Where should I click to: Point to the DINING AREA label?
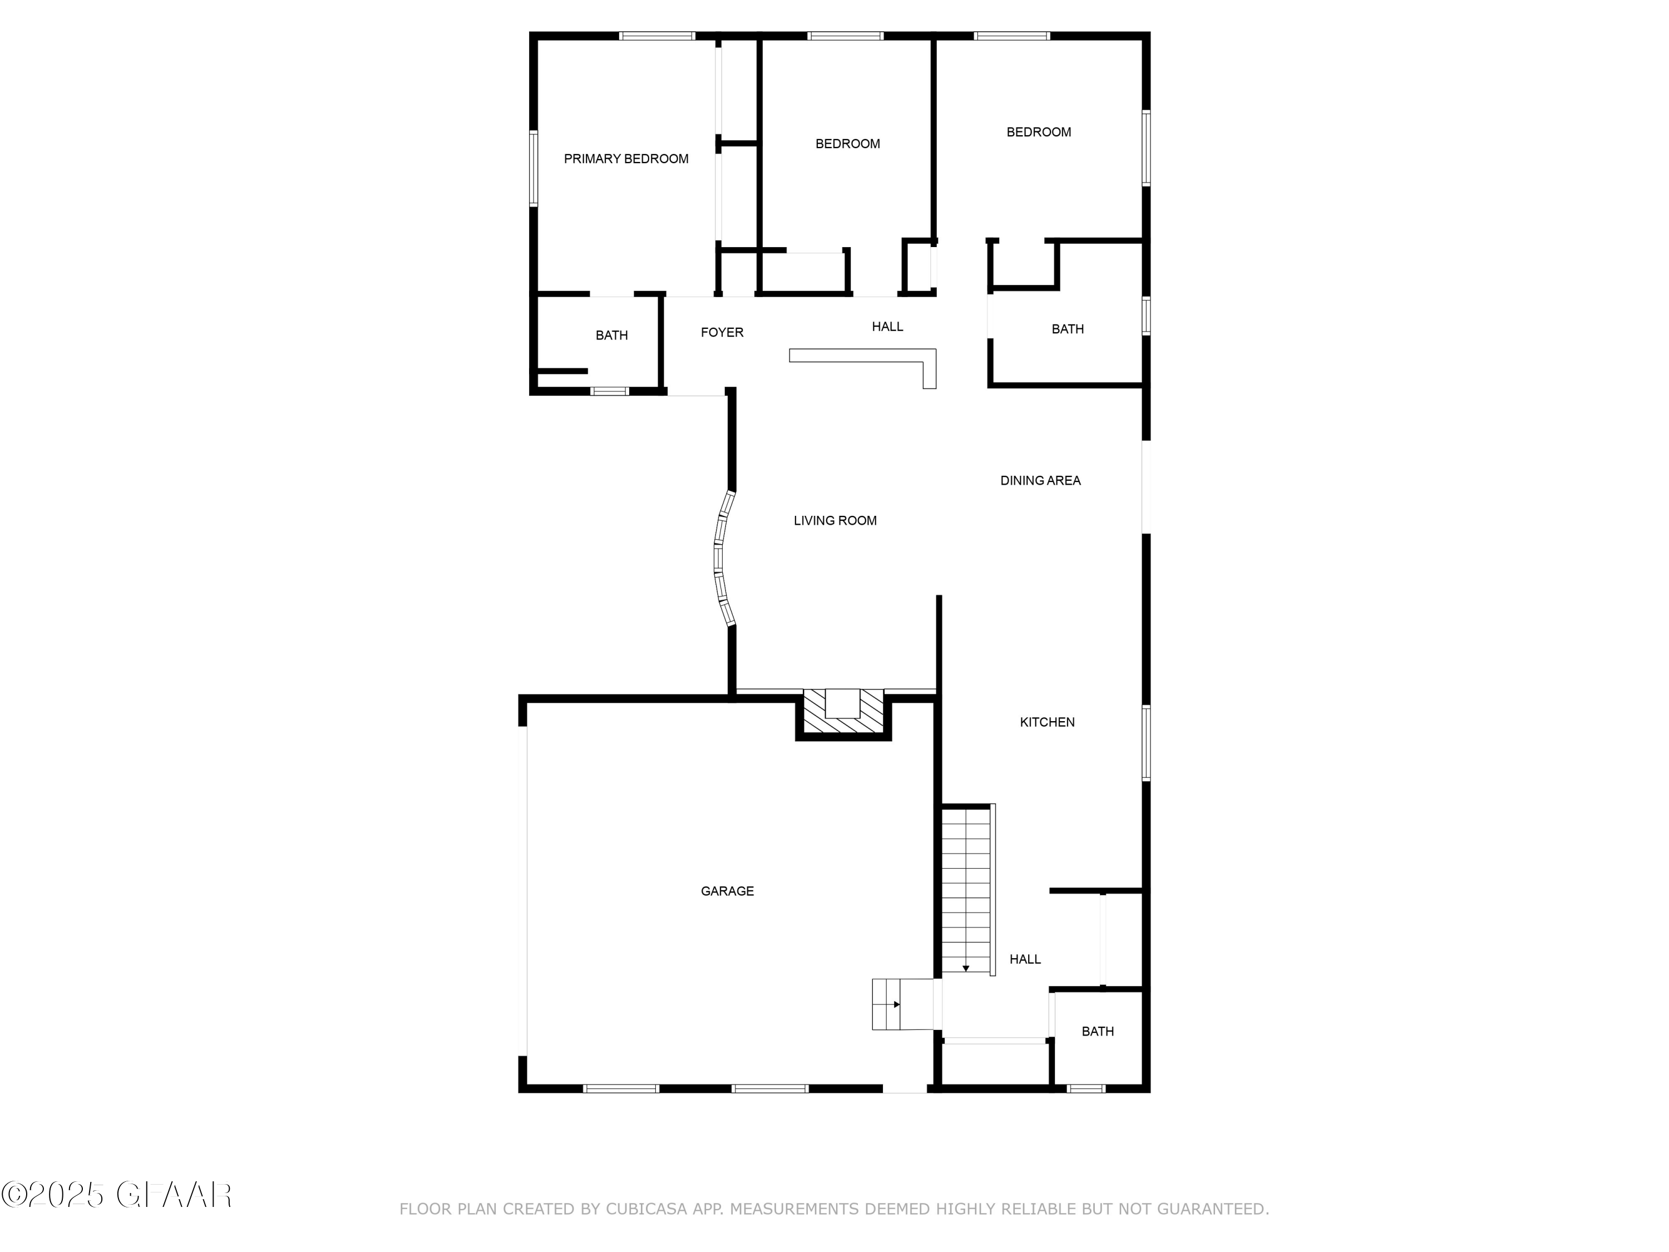point(1040,480)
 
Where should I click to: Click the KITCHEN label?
point(1046,722)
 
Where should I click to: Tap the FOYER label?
point(722,332)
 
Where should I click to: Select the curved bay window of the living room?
point(722,559)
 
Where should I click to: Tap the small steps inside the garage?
point(887,1004)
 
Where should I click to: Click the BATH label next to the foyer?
point(611,335)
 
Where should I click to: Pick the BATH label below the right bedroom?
point(1067,328)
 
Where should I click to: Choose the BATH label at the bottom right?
point(1097,1031)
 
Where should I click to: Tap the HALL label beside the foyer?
point(887,326)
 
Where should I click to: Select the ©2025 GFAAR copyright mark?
point(117,1195)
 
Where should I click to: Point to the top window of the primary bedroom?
point(656,36)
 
